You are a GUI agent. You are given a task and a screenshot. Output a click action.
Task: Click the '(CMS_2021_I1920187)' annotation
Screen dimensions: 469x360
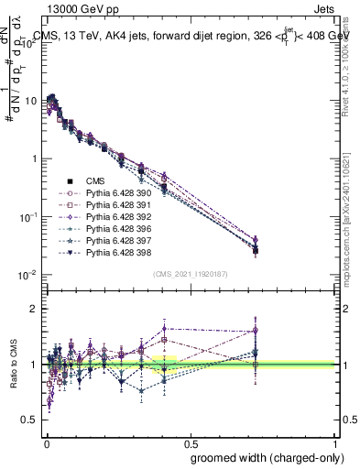pyautogui.click(x=190, y=274)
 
